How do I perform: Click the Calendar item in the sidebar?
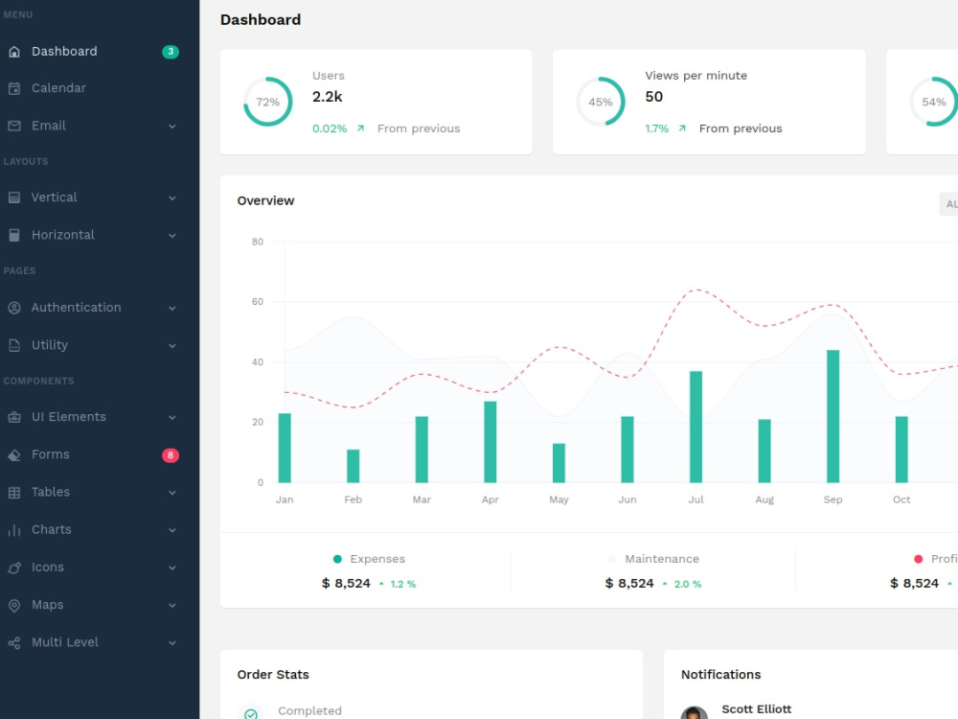click(x=58, y=88)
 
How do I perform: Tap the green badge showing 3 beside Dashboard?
click(x=171, y=52)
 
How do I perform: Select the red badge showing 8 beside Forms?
click(x=171, y=454)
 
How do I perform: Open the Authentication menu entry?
click(x=76, y=308)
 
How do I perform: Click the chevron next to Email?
click(x=172, y=127)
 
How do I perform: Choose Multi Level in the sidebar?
click(x=65, y=642)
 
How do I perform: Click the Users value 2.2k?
click(x=328, y=97)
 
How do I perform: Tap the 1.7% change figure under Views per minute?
click(x=657, y=128)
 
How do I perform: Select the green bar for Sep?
click(x=833, y=416)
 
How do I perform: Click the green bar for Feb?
click(x=354, y=466)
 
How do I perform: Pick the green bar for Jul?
click(x=696, y=427)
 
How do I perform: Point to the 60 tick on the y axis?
click(x=258, y=301)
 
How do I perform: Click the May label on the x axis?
click(x=559, y=499)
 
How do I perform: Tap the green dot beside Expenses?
click(x=337, y=559)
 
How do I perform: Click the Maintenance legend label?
click(x=662, y=559)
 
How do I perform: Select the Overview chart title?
click(x=265, y=200)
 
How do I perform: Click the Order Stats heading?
click(x=273, y=674)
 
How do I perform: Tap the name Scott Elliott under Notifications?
click(x=757, y=709)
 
